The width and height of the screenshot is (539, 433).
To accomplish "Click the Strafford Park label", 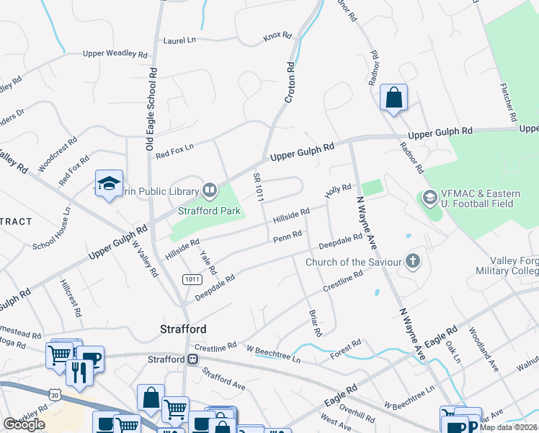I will (x=209, y=212).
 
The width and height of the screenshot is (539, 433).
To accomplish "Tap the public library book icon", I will (x=210, y=191).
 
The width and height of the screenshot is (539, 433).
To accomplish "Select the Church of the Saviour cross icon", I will (x=413, y=261).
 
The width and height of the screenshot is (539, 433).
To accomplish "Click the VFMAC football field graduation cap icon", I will (x=429, y=197).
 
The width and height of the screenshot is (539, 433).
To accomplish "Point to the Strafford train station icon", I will (x=193, y=359).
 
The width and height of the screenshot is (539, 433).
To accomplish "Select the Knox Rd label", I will (x=277, y=35).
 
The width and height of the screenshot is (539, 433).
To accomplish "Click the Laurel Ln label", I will (x=180, y=41).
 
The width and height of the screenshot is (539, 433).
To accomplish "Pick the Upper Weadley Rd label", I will (x=115, y=53).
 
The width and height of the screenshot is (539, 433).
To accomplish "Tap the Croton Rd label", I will (x=290, y=82).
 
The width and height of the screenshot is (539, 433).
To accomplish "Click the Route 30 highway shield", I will (x=55, y=394).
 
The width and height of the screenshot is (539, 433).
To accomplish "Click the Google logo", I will (x=24, y=424).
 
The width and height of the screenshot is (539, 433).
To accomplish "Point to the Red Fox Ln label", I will (x=175, y=148).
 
